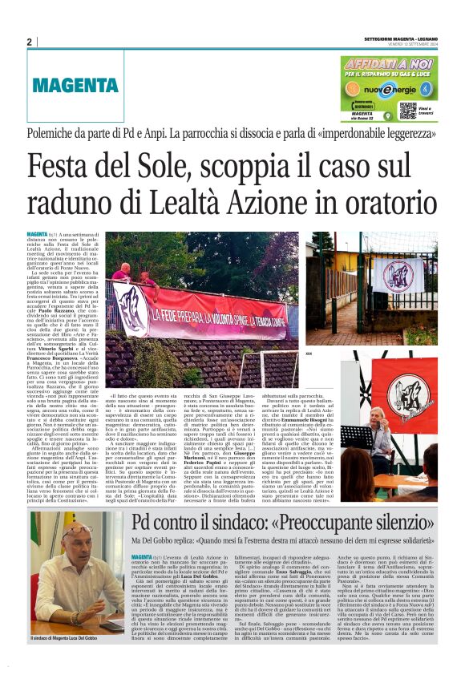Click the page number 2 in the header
29,42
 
